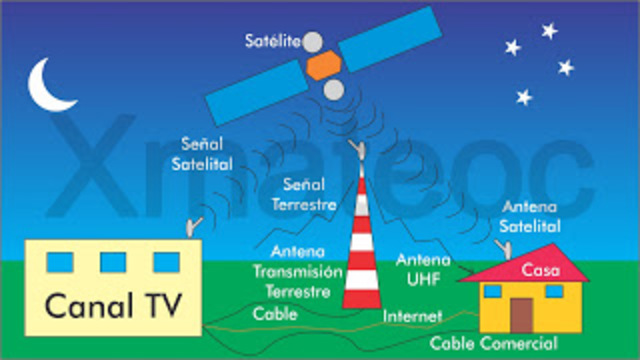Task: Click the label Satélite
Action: click(271, 41)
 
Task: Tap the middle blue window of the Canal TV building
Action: click(113, 262)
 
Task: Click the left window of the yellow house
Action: click(493, 291)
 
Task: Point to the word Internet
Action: click(412, 317)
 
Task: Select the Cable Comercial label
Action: click(493, 344)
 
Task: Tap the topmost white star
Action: click(549, 31)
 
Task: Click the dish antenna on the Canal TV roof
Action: click(194, 227)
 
